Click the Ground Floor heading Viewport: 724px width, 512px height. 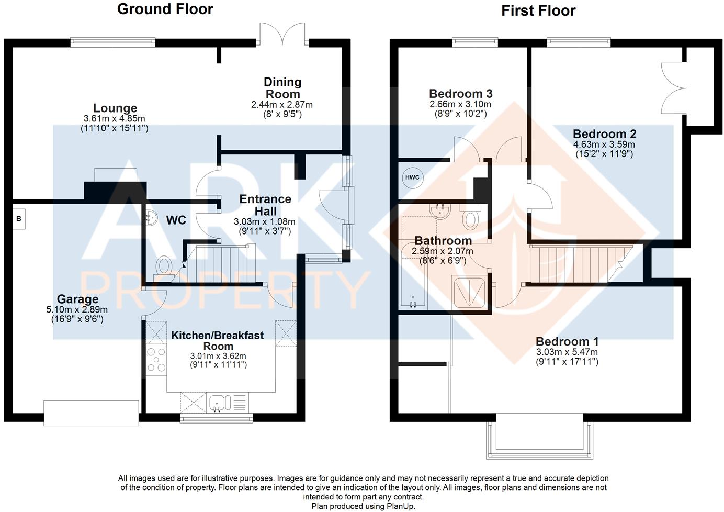[165, 9]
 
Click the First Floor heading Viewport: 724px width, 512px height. [538, 10]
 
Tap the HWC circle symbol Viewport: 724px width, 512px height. [412, 177]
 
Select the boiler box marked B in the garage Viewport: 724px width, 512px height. [19, 219]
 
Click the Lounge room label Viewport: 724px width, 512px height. [115, 108]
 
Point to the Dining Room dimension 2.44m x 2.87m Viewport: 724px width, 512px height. [282, 105]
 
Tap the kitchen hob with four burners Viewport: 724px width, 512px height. [156, 360]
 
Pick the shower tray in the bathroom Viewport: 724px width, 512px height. [470, 292]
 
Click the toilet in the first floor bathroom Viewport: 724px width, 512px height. [471, 218]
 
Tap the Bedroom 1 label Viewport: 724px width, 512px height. [567, 341]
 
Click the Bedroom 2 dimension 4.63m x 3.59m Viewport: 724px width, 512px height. [604, 144]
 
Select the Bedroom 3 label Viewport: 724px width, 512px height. [460, 94]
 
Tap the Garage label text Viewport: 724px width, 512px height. [77, 299]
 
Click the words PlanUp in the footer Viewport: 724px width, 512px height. [400, 506]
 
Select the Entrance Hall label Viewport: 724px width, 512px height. [265, 205]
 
